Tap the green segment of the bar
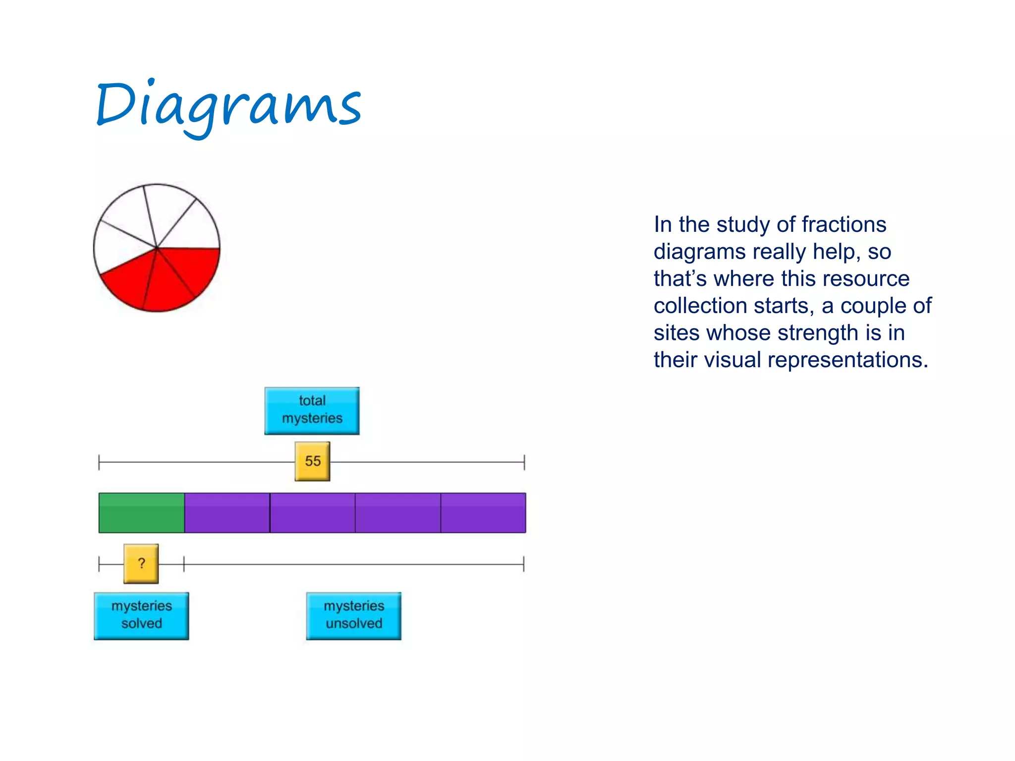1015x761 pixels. tap(141, 513)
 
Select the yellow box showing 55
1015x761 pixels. tap(312, 461)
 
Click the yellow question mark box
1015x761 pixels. tap(141, 563)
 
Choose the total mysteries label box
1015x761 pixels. tap(312, 411)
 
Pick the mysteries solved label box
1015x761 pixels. tap(141, 615)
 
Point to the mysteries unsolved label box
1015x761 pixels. tap(354, 615)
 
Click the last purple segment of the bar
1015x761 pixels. tap(483, 513)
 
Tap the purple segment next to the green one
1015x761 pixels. tap(227, 513)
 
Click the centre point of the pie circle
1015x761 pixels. tap(157, 247)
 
